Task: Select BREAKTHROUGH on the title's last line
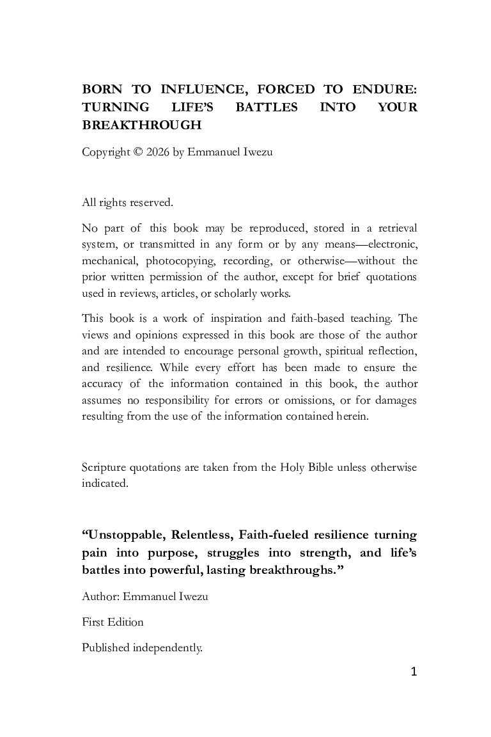142,125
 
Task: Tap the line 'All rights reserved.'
127,203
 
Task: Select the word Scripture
105,467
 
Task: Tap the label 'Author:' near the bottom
100,597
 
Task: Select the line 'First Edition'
113,622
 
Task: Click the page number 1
414,672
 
